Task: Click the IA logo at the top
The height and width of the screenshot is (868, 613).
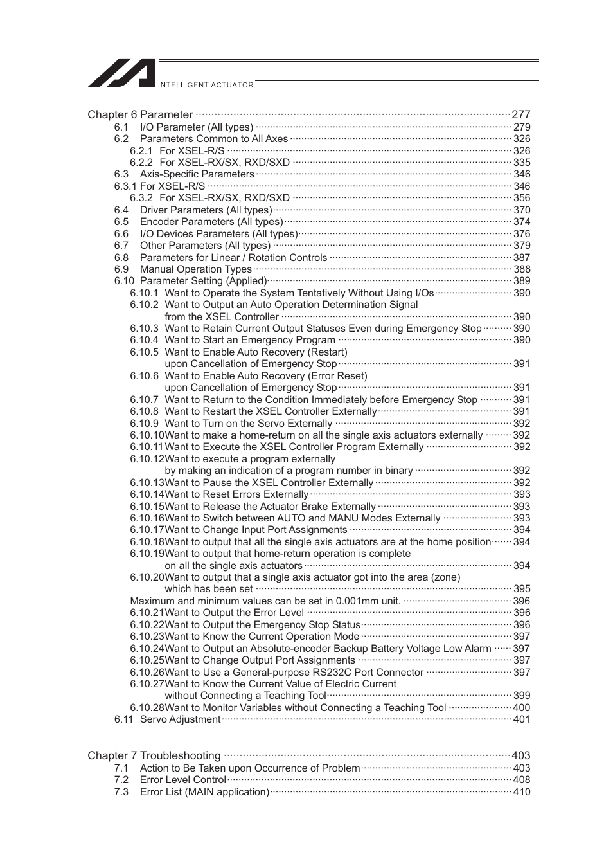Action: (x=122, y=73)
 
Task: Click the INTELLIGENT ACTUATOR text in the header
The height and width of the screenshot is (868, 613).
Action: (x=206, y=85)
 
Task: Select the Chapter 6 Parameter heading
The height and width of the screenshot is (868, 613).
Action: (x=140, y=114)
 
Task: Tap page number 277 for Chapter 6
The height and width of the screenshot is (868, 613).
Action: (x=520, y=114)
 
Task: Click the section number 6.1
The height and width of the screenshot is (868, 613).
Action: (x=121, y=127)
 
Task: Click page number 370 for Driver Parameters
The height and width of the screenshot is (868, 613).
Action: (x=522, y=210)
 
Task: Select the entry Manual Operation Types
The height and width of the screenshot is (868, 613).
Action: (x=195, y=269)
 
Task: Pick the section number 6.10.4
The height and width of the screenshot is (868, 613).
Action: (x=144, y=340)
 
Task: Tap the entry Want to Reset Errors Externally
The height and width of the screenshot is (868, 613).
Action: (x=236, y=494)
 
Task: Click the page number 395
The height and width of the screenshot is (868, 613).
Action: (x=522, y=589)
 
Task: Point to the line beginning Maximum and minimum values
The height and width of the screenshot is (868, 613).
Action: (x=265, y=601)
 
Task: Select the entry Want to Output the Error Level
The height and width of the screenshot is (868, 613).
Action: (x=234, y=613)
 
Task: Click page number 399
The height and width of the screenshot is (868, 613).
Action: (x=522, y=696)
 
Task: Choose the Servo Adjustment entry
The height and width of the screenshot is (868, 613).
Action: (x=180, y=719)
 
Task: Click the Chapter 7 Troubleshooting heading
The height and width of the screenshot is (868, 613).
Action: (x=154, y=755)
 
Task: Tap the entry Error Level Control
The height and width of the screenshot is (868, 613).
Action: (x=182, y=780)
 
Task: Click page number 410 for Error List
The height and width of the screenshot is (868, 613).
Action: (x=522, y=792)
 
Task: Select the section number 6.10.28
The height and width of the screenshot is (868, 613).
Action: (x=147, y=708)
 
